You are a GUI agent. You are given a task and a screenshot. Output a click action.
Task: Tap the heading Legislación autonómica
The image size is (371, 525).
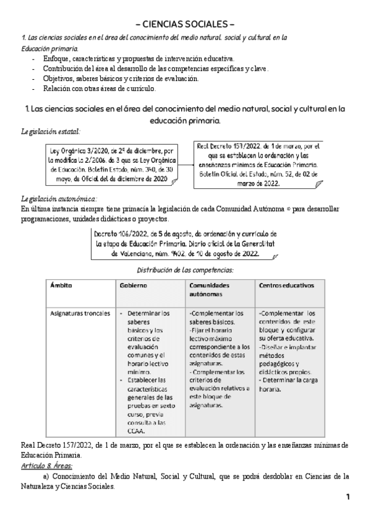point(59,198)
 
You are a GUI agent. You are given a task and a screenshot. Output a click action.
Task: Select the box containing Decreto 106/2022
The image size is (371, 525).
point(185,244)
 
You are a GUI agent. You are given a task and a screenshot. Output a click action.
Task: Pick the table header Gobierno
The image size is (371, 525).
point(134,285)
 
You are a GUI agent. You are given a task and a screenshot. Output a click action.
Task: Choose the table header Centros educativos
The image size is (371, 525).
point(286,285)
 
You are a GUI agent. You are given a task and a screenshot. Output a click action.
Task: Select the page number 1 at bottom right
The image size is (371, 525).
point(348,497)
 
